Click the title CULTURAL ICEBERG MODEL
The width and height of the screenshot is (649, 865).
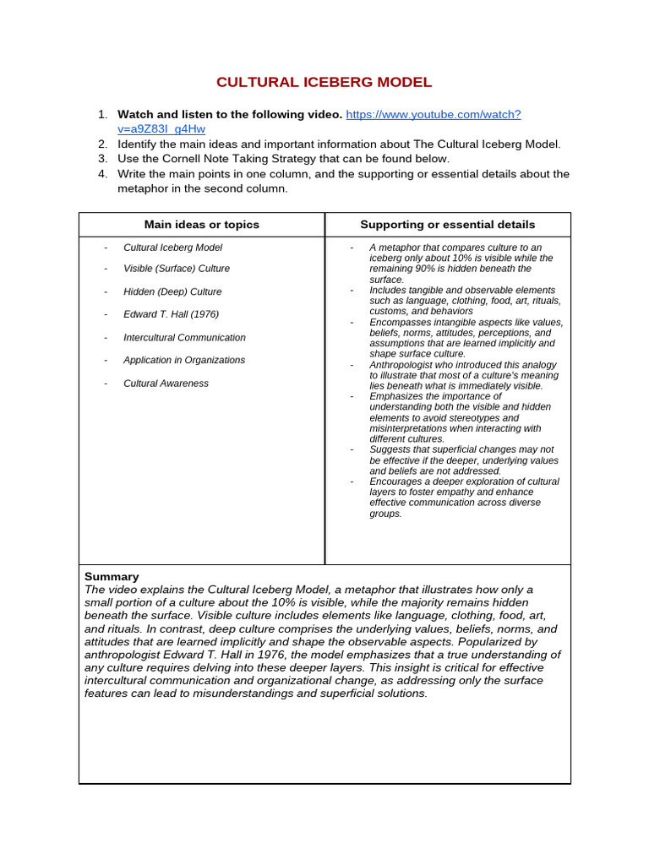click(x=324, y=82)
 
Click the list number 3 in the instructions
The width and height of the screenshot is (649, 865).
click(x=102, y=159)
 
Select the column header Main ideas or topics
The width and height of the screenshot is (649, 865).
click(x=202, y=225)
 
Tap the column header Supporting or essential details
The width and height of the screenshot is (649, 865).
click(x=447, y=225)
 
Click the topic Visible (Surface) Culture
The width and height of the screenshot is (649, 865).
click(x=177, y=269)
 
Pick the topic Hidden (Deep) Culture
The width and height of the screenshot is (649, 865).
click(x=172, y=291)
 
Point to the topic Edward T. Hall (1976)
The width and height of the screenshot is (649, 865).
click(x=171, y=314)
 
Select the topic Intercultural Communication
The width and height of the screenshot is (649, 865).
click(x=184, y=337)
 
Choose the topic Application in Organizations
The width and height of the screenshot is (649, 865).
click(x=184, y=360)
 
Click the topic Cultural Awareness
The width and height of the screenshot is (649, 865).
click(x=166, y=383)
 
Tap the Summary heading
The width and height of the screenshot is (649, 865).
click(x=112, y=576)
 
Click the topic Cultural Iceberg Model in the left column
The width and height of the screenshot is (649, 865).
click(x=173, y=248)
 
